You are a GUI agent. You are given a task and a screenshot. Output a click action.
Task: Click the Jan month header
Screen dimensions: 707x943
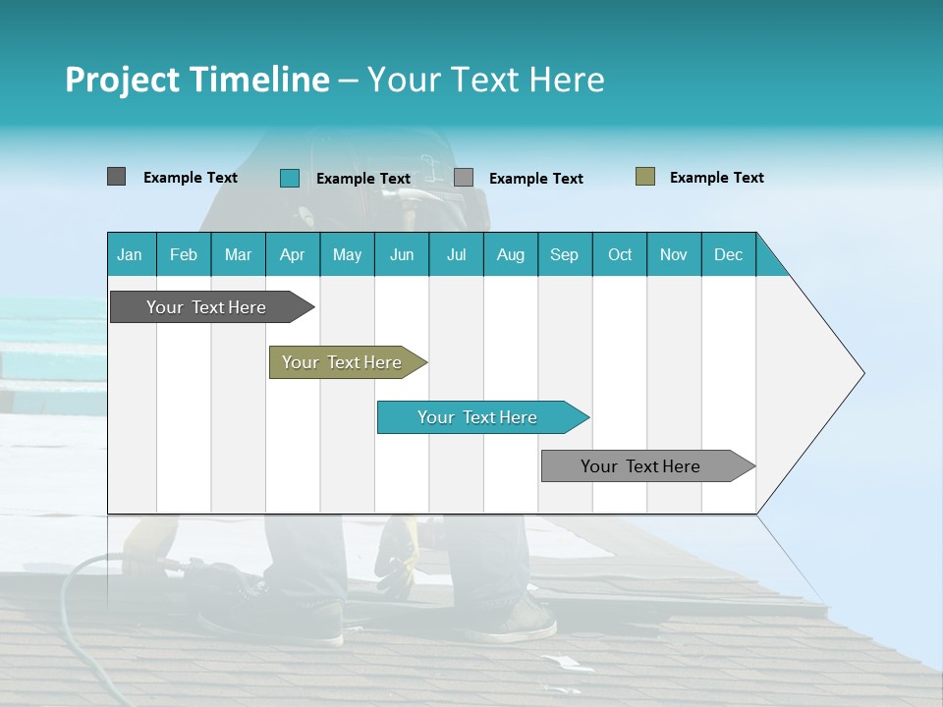click(130, 254)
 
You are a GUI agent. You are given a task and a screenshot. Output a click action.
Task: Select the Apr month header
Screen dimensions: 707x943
click(292, 254)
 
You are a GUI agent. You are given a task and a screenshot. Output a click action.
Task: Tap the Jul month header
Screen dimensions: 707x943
click(456, 254)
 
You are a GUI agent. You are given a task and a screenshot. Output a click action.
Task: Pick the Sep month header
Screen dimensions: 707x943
click(564, 254)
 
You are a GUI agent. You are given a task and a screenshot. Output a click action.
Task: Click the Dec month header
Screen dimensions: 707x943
click(728, 254)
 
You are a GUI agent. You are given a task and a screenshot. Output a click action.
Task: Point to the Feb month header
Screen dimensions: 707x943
click(184, 254)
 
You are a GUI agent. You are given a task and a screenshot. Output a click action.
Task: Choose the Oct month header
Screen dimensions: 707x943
click(620, 254)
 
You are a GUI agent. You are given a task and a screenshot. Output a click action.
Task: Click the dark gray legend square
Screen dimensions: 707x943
click(116, 177)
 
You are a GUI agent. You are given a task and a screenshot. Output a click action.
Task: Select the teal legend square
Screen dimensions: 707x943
click(289, 178)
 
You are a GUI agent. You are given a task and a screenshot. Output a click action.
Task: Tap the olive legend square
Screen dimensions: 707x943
click(644, 177)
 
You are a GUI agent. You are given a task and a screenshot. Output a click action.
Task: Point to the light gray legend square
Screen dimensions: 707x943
click(464, 178)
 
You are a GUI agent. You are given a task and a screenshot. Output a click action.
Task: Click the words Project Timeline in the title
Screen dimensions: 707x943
click(196, 80)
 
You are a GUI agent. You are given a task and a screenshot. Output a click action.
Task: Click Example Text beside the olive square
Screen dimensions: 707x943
click(716, 178)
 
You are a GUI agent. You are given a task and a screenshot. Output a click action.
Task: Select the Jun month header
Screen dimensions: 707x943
click(402, 254)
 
